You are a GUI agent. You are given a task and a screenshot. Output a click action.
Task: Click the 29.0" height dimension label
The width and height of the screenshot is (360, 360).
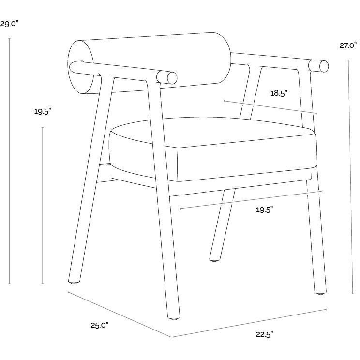click(10, 23)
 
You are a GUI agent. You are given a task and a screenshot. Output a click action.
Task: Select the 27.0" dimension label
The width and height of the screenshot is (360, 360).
click(348, 46)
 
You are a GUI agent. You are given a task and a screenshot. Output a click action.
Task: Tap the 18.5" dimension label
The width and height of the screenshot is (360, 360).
click(279, 94)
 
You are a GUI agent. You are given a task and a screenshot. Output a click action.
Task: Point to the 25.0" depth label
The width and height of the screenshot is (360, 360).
click(99, 325)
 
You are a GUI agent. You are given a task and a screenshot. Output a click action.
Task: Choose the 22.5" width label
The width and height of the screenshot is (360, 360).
click(264, 334)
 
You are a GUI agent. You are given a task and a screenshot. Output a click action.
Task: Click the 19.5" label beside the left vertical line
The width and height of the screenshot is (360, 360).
click(43, 112)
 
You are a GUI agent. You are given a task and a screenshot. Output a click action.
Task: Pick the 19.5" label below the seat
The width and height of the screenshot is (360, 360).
click(264, 210)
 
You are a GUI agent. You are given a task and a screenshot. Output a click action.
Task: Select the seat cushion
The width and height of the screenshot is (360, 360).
click(213, 150)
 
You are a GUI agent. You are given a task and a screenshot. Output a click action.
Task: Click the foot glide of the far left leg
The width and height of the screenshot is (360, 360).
click(73, 281)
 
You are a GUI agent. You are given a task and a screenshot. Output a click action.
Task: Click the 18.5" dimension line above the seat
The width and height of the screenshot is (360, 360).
click(271, 107)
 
